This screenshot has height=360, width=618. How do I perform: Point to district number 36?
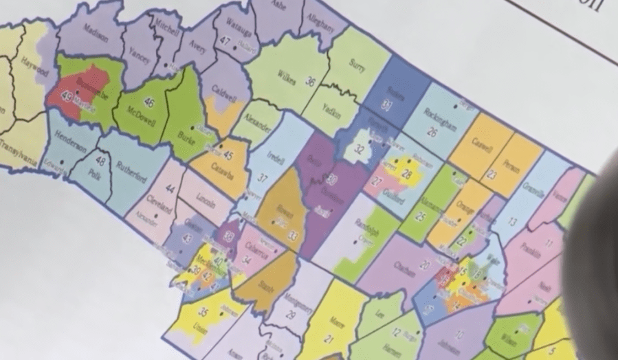point(311,82)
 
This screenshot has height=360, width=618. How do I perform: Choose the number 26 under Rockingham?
point(432,131)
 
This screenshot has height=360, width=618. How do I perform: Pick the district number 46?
point(148,102)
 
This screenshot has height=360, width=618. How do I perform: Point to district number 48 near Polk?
point(100,161)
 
